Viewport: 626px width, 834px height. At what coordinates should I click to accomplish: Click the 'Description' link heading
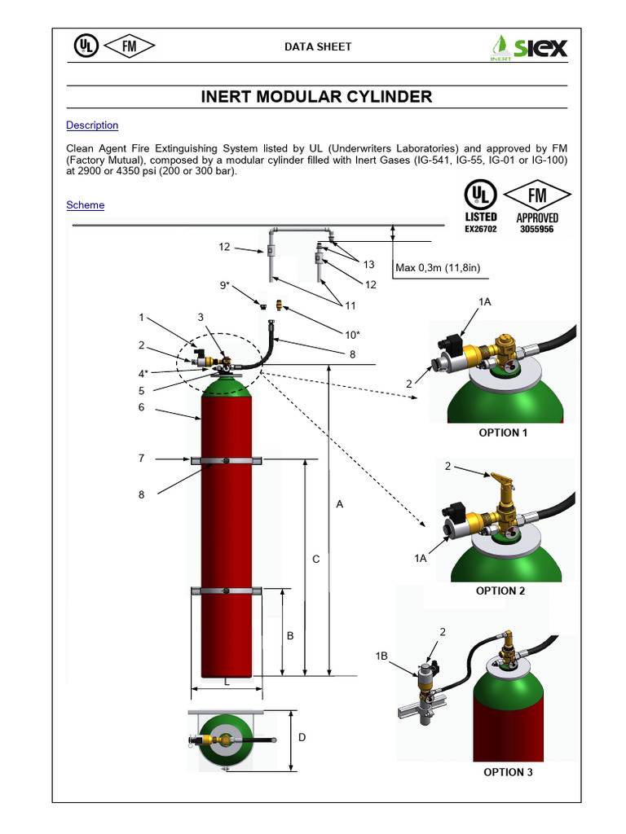coord(92,125)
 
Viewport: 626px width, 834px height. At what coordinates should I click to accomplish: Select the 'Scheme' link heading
coord(86,205)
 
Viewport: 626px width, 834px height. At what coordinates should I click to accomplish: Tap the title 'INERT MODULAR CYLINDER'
coord(316,98)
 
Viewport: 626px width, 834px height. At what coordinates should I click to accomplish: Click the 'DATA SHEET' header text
coord(318,46)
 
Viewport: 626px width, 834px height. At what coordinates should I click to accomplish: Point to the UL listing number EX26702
coord(481,230)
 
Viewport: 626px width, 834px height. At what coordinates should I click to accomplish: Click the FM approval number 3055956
coord(537,230)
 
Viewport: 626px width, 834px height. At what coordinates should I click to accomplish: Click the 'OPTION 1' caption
coord(503,432)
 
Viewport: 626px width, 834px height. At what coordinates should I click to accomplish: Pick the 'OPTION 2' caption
coord(500,590)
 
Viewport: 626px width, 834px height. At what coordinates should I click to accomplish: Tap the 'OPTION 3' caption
coord(508,771)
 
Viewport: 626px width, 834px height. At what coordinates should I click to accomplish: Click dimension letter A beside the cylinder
coord(340,505)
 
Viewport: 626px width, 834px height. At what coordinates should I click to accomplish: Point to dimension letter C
coord(316,560)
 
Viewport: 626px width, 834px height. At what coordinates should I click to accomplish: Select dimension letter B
coord(289,635)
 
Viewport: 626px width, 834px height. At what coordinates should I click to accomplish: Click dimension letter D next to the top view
coord(302,738)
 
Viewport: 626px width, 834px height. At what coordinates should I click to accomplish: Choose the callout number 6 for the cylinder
coord(141,406)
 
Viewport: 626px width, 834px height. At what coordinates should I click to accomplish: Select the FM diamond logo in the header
coord(129,46)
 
